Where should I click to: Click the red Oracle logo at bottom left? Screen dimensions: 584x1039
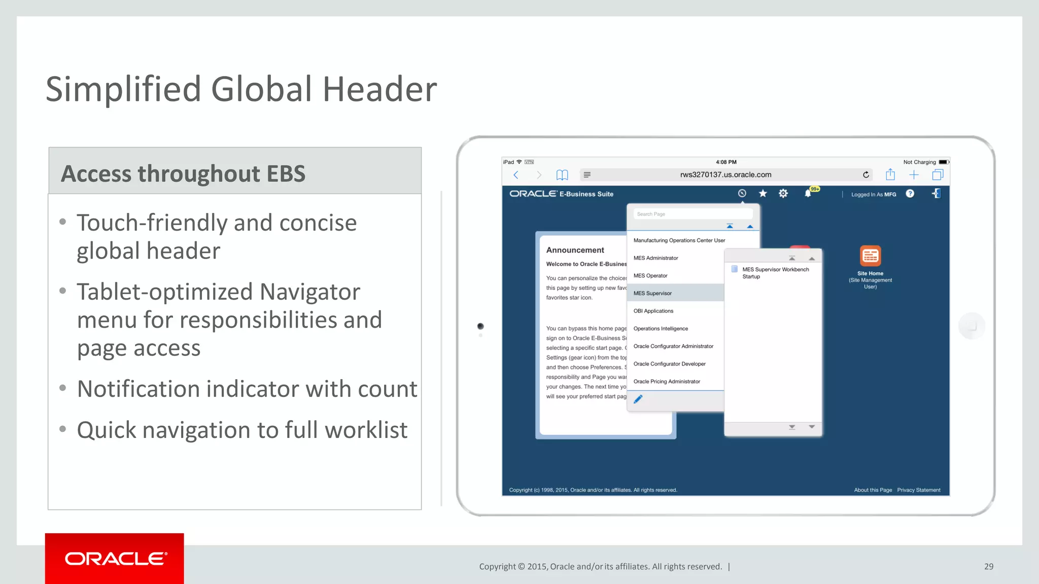[x=115, y=559]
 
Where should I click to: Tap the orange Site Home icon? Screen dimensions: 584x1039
[x=870, y=256]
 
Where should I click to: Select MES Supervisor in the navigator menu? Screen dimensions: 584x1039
[x=652, y=293]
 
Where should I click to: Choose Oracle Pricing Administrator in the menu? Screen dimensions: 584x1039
[x=667, y=381]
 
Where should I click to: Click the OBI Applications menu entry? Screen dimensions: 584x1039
[x=653, y=311]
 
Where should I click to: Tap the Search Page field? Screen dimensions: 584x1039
[x=692, y=214]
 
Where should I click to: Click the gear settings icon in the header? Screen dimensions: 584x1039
[x=783, y=194]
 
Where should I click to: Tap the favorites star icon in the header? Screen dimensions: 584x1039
[x=763, y=194]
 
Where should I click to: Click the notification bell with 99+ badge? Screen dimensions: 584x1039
[x=808, y=194]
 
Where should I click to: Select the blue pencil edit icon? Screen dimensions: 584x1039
[x=638, y=399]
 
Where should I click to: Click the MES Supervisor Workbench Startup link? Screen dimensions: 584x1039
[x=775, y=273]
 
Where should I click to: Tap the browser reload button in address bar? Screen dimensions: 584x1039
[x=866, y=175]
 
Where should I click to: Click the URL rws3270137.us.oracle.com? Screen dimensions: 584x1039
[x=725, y=175]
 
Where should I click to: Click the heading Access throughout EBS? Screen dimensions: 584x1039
[x=183, y=173]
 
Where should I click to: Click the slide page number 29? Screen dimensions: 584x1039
[x=989, y=566]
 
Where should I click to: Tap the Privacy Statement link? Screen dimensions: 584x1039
[x=918, y=490]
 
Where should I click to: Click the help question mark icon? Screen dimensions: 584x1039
[x=910, y=194]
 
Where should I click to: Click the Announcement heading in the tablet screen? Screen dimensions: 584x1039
[x=575, y=250]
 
